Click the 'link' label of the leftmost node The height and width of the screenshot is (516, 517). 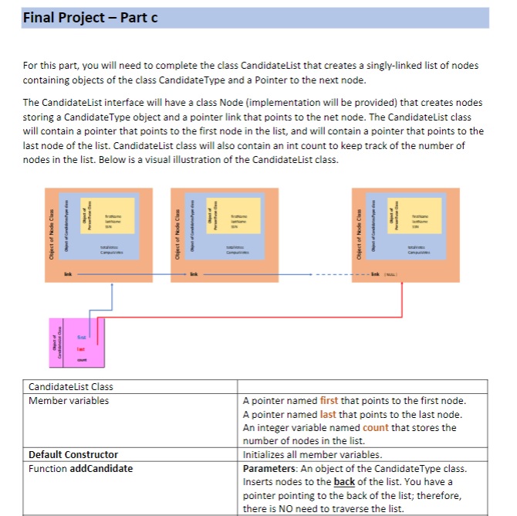[x=67, y=273]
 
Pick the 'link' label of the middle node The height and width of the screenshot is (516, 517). [x=195, y=273]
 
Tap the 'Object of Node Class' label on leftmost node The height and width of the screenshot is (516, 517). [x=52, y=233]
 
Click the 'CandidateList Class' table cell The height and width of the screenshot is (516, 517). [x=70, y=386]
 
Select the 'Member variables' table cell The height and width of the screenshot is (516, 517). [x=69, y=400]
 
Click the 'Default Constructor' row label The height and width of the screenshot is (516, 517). [x=73, y=454]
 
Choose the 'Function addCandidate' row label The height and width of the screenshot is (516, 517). [x=80, y=468]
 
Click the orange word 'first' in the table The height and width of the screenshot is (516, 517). [x=329, y=400]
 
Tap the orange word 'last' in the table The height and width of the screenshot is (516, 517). [x=329, y=414]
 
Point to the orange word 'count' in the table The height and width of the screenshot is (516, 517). [x=375, y=427]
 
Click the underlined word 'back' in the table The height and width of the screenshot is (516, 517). [x=344, y=482]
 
